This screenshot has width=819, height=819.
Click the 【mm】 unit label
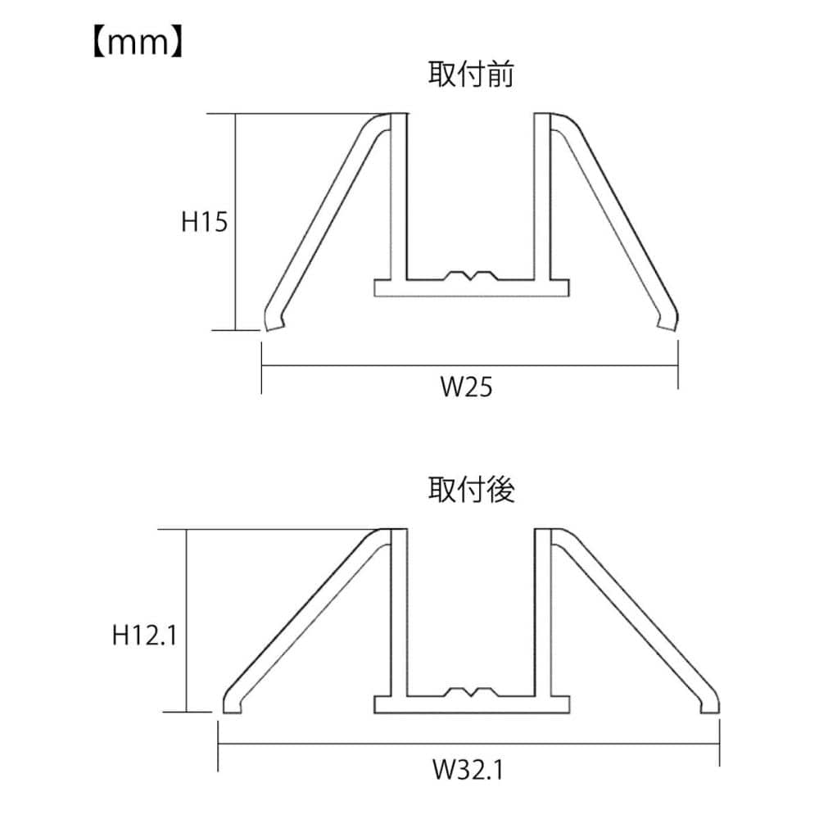click(138, 43)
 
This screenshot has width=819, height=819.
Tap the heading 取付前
click(471, 75)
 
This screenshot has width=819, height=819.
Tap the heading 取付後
click(471, 490)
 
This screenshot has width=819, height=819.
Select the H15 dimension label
click(204, 221)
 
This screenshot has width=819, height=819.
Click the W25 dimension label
click(466, 387)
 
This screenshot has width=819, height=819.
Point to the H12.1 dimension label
click(145, 636)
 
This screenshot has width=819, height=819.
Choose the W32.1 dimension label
click(468, 769)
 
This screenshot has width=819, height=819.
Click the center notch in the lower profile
click(472, 692)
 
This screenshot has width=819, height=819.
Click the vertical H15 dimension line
click(236, 222)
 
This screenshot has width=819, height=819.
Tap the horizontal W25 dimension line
click(469, 365)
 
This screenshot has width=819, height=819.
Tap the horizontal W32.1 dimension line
click(468, 744)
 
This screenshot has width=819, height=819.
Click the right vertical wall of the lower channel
click(542, 613)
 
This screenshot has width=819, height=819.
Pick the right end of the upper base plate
click(569, 287)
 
